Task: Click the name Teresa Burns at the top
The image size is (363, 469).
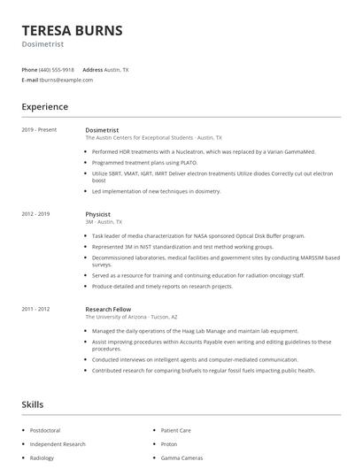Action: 72,30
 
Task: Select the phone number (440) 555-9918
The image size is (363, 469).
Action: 56,69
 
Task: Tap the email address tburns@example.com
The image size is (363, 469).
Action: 66,80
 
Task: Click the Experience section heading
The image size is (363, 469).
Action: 44,107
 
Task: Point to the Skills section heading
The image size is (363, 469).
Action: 32,404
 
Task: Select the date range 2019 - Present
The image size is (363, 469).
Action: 39,130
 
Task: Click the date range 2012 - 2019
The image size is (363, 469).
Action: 36,214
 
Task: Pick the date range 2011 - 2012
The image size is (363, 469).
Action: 36,308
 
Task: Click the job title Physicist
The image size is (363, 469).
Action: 97,214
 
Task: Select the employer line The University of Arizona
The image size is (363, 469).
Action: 131,316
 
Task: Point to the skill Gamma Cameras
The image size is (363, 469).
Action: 181,457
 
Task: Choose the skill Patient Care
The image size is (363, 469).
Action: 177,429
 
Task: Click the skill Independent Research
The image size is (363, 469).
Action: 58,443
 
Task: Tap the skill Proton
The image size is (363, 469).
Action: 169,443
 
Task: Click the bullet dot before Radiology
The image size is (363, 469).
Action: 23,457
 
